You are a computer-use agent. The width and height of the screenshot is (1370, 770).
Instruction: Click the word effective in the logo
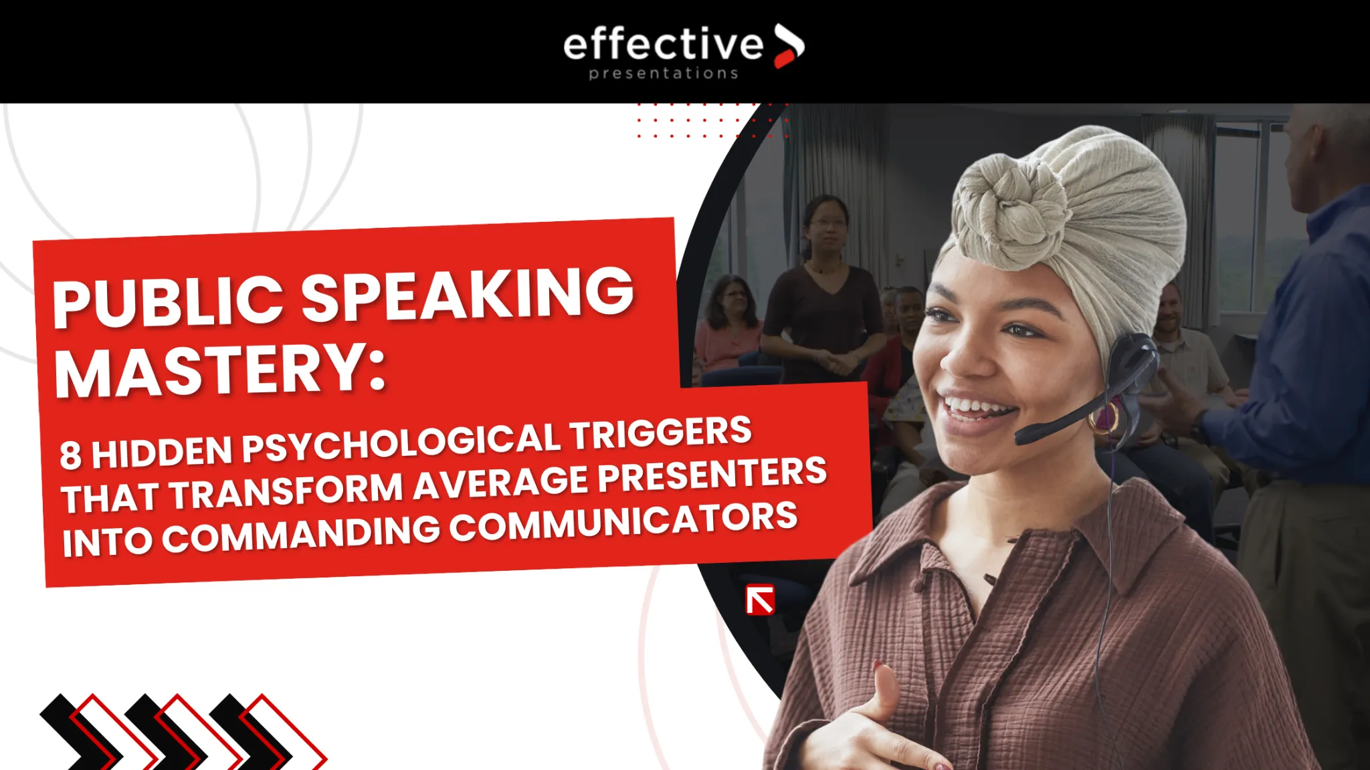click(x=662, y=45)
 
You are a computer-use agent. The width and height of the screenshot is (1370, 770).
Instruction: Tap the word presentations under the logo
click(x=664, y=74)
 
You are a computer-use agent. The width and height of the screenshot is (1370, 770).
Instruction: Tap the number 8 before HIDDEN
click(x=70, y=456)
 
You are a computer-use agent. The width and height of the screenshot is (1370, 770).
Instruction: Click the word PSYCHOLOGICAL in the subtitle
click(x=401, y=442)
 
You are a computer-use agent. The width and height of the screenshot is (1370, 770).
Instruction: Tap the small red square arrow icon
click(x=761, y=600)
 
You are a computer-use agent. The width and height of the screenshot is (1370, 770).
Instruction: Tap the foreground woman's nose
click(x=963, y=358)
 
